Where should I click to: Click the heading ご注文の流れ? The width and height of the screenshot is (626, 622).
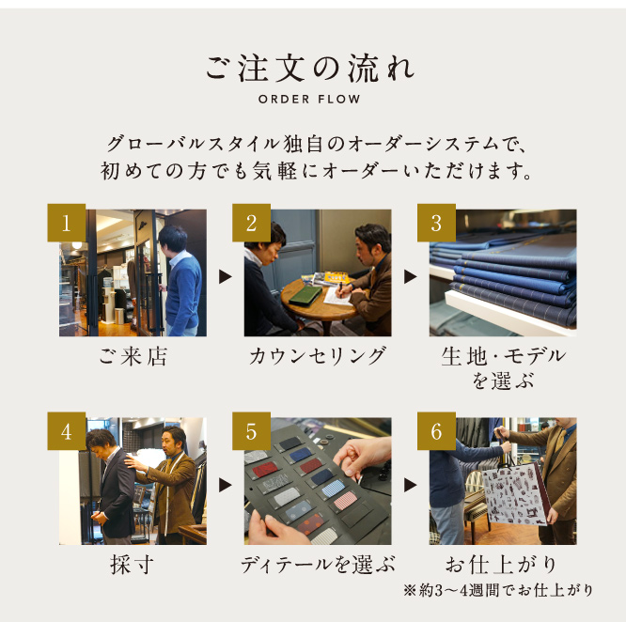click(x=310, y=69)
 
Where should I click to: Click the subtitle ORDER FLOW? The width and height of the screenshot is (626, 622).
click(x=309, y=99)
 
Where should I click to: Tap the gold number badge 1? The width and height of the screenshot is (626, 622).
click(x=67, y=223)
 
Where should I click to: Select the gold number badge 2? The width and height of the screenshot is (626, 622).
click(x=251, y=223)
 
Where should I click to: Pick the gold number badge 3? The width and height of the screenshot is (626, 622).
click(x=436, y=223)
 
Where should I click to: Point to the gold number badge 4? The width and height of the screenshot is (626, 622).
click(x=67, y=431)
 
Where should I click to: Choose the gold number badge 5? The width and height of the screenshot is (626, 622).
click(x=251, y=431)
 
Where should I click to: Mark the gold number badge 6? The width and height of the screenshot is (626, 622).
click(x=436, y=431)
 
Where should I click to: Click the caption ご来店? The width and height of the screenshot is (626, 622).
click(x=133, y=356)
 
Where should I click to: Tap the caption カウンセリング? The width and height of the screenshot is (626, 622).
click(x=318, y=356)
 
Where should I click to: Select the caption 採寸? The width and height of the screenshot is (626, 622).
click(x=133, y=565)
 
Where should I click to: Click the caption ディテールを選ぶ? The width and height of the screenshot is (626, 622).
click(x=318, y=565)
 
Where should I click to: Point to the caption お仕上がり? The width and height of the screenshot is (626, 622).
click(x=502, y=565)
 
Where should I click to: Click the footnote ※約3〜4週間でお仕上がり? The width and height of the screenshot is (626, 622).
click(x=498, y=590)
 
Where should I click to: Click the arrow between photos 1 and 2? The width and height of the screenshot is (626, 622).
click(x=225, y=276)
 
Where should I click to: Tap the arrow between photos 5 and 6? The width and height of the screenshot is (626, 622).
click(x=410, y=485)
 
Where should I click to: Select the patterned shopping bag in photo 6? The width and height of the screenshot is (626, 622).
click(x=512, y=494)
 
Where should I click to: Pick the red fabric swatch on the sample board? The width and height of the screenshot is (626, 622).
click(x=263, y=470)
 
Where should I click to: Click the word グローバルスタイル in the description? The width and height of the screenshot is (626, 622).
click(x=194, y=144)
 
